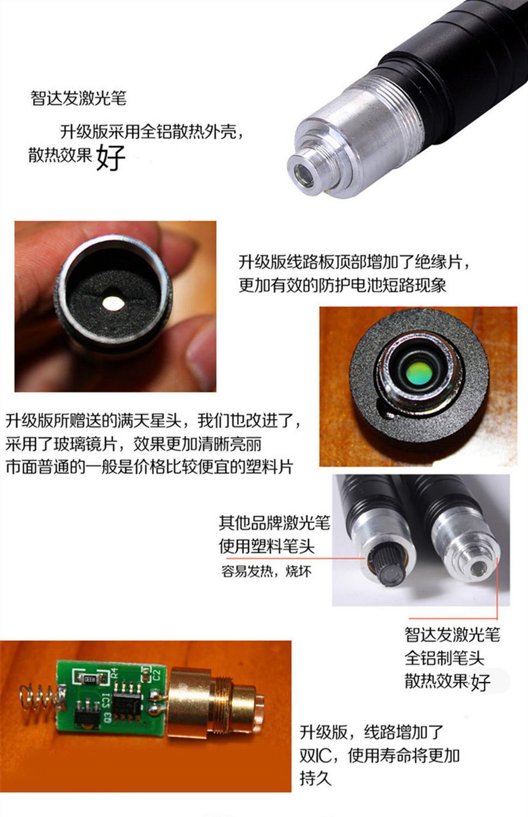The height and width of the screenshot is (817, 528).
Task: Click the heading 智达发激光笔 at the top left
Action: click(78, 98)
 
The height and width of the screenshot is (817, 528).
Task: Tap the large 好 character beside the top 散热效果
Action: click(111, 157)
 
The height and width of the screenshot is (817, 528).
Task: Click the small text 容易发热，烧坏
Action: click(267, 571)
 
